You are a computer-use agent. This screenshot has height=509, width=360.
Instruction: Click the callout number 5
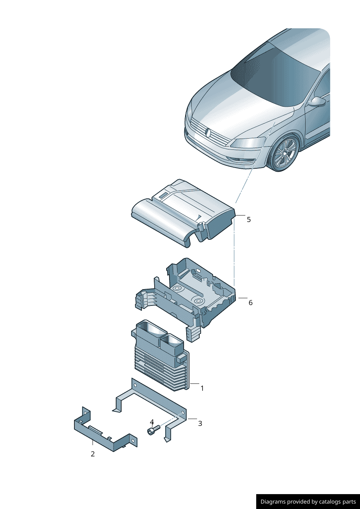[249, 219]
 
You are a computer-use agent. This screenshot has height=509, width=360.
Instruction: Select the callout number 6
[250, 303]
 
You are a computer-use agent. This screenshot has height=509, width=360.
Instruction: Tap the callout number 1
[202, 388]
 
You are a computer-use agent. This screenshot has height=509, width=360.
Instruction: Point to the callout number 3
[200, 423]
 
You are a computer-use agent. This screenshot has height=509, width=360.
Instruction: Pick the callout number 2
[93, 454]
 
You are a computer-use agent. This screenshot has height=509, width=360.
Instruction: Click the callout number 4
[152, 422]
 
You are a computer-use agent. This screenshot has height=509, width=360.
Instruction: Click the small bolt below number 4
[154, 430]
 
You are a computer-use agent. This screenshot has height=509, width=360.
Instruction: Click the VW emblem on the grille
[208, 133]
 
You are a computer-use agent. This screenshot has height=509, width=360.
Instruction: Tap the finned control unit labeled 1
[161, 356]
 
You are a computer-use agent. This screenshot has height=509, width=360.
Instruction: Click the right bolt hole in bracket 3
[183, 412]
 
